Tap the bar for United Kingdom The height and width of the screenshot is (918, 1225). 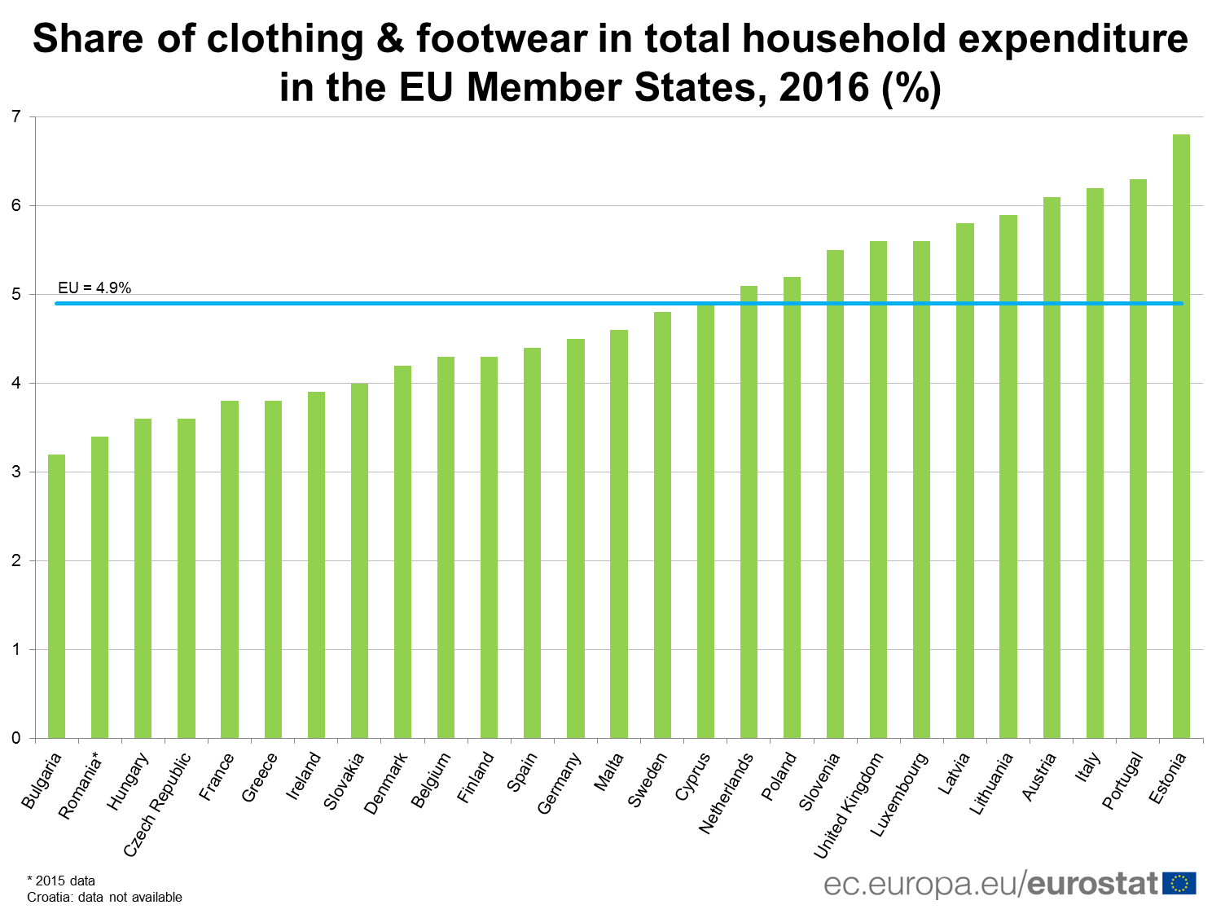coord(878,490)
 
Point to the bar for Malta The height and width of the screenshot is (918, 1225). coord(619,534)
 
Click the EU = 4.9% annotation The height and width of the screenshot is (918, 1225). coord(94,288)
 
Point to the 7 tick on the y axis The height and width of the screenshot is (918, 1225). coord(16,116)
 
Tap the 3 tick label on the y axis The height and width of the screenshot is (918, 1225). coord(16,472)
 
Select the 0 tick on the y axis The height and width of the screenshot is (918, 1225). coord(16,738)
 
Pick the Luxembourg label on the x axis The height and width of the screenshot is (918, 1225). coord(899,794)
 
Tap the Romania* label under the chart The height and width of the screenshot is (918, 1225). coord(81,786)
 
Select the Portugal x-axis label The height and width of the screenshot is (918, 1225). coord(1122,781)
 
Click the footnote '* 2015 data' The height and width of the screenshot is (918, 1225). coord(61,881)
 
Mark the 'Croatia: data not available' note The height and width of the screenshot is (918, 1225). coord(104,897)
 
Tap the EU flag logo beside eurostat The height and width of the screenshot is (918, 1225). coord(1179,883)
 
